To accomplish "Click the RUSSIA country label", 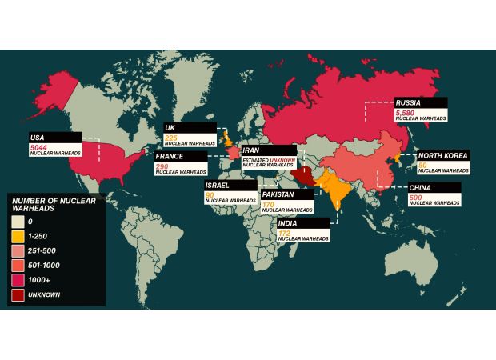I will pos(408,102).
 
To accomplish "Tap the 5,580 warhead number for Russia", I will pos(406,113).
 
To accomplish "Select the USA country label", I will pos(38,137).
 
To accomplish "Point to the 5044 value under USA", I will pos(38,146).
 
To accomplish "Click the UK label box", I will pos(170,127).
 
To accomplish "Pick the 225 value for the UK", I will pos(171,137).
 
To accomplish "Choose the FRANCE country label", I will pos(170,157).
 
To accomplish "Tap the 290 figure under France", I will pos(163,166).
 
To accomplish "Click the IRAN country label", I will pos(250,150).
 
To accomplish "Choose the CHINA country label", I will pos(420,188).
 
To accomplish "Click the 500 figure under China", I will pos(415,197).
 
